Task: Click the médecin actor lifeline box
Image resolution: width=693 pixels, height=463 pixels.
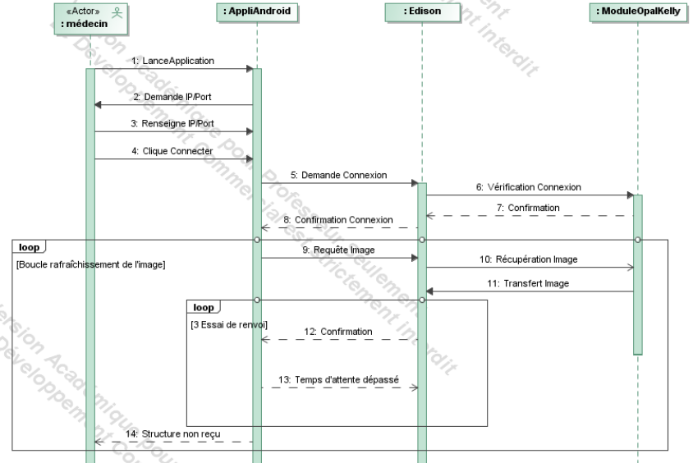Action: pyautogui.click(x=90, y=16)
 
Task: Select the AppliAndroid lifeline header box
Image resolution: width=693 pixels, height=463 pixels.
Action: pyautogui.click(x=256, y=11)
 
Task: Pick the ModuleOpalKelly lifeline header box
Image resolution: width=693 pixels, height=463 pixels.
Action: pyautogui.click(x=637, y=11)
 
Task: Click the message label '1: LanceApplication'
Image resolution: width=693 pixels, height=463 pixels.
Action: pyautogui.click(x=173, y=62)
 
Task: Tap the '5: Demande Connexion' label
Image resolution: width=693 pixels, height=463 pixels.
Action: pyautogui.click(x=339, y=176)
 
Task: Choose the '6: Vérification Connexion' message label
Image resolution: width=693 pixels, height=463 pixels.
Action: pyautogui.click(x=528, y=187)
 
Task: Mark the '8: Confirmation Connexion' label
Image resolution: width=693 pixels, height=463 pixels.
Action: pyautogui.click(x=337, y=220)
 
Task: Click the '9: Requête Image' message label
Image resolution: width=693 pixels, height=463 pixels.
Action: pyautogui.click(x=339, y=250)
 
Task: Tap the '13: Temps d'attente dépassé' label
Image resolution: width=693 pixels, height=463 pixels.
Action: pyautogui.click(x=340, y=379)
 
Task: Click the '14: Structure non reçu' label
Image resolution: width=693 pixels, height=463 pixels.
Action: pyautogui.click(x=173, y=433)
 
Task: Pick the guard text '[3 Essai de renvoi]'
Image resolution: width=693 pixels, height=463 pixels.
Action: pyautogui.click(x=228, y=324)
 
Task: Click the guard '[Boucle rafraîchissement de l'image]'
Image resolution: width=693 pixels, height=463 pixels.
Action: pyautogui.click(x=91, y=264)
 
